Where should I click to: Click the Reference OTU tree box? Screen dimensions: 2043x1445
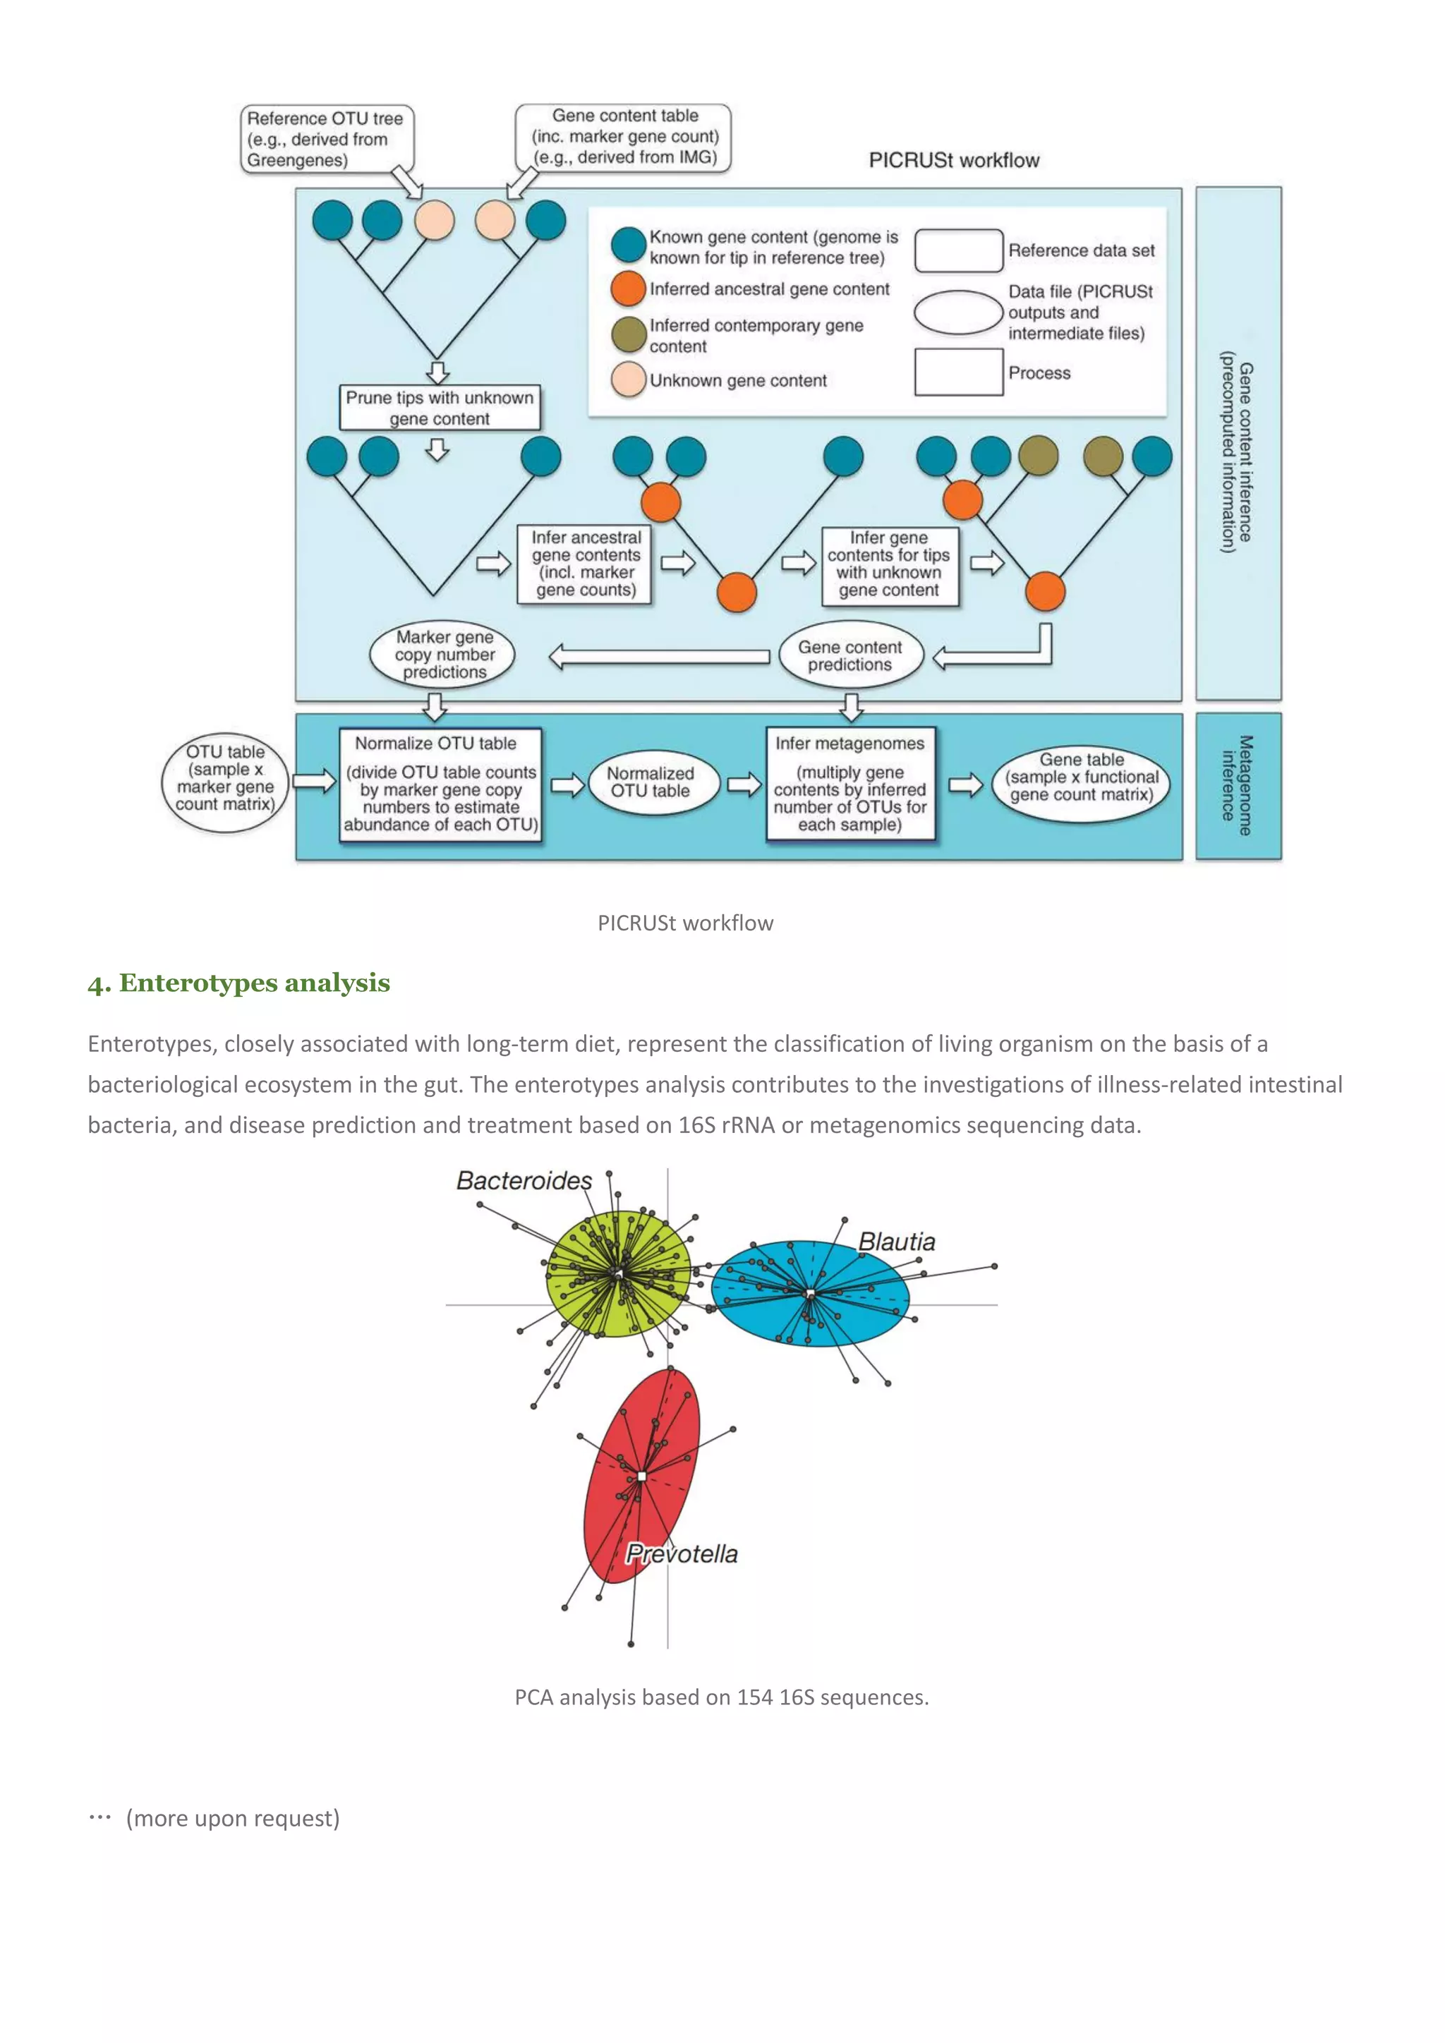326,139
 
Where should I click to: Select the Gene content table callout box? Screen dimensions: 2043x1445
624,136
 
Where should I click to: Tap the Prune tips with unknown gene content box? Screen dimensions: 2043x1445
440,408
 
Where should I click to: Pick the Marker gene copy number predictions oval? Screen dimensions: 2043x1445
443,655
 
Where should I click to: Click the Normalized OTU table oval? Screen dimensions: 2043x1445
651,782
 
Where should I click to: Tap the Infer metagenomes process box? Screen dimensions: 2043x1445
850,784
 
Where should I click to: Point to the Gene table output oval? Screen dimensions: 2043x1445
1081,777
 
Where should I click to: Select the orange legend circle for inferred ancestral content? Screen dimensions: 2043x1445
628,289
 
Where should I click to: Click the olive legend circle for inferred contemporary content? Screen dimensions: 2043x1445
628,334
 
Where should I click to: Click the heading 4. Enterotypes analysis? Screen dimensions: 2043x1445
238,983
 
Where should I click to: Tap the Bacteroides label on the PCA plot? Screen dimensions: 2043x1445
524,1181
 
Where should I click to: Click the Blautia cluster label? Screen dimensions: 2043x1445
896,1242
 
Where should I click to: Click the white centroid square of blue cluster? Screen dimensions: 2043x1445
810,1293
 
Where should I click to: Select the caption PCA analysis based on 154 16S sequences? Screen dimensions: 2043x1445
722,1698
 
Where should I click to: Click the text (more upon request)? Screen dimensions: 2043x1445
232,1818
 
